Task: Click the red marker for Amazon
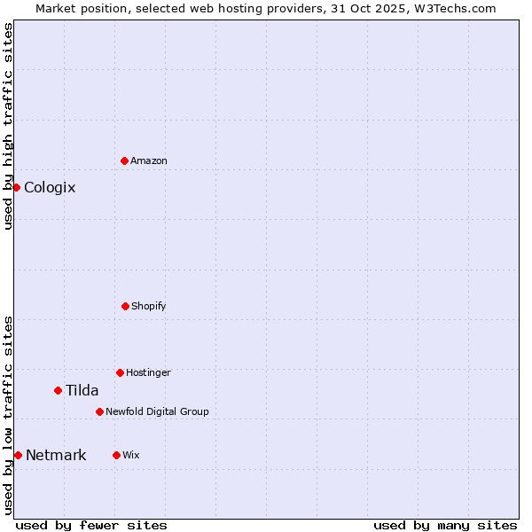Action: coord(124,160)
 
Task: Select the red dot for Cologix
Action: coord(16,187)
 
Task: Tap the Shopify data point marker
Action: coord(125,306)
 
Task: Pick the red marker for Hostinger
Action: coord(120,372)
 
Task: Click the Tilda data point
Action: coord(58,390)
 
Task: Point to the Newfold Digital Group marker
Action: coord(99,411)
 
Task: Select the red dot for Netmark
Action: coord(18,455)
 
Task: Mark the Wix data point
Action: coord(116,455)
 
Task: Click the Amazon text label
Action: coord(149,160)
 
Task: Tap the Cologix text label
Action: coord(50,187)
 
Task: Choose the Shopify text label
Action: coord(149,306)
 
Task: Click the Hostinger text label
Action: coord(148,372)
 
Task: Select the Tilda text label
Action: coord(82,390)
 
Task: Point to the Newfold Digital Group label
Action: coord(158,411)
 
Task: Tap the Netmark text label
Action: coord(56,456)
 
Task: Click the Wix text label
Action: coord(131,455)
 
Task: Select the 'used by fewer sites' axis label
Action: coord(91,525)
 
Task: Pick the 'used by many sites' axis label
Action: coord(445,525)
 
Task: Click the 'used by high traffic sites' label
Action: coord(8,126)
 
